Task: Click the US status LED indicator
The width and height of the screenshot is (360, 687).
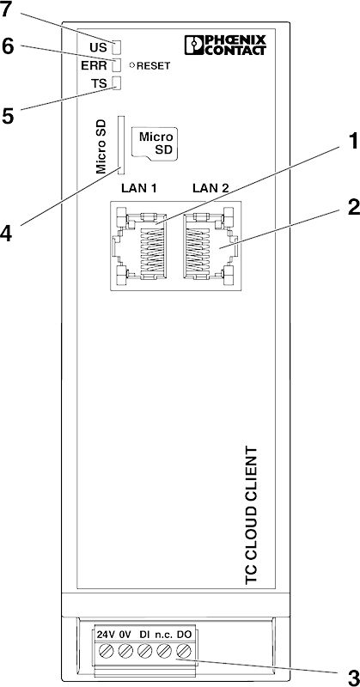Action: point(117,47)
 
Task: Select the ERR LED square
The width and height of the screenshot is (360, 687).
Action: point(117,65)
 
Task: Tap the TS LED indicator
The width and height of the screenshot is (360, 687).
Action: point(117,82)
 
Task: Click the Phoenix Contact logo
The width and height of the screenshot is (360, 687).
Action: point(225,46)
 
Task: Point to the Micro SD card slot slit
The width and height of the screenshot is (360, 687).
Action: point(120,145)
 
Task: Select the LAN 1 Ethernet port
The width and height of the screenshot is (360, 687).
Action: point(139,246)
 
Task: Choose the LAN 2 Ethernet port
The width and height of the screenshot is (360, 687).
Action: point(211,246)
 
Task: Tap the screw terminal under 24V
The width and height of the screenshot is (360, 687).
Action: point(107,650)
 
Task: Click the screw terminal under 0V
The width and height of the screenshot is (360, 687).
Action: point(125,650)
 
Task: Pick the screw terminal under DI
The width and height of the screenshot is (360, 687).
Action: point(144,650)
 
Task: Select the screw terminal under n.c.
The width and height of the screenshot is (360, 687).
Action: point(164,650)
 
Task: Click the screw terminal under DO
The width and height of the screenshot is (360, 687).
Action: point(183,650)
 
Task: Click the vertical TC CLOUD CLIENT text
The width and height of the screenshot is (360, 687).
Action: point(250,514)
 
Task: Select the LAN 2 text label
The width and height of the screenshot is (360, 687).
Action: point(211,189)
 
